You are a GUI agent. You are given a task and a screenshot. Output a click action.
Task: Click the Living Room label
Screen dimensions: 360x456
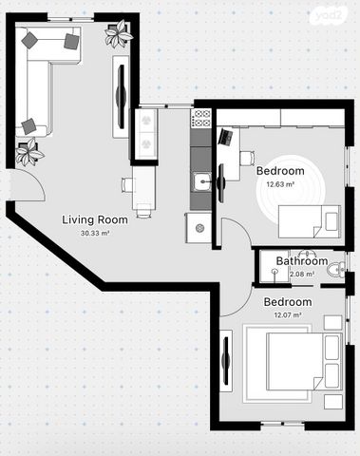pyautogui.click(x=95, y=219)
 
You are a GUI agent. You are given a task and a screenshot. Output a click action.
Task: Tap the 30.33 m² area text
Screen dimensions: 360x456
pyautogui.click(x=95, y=234)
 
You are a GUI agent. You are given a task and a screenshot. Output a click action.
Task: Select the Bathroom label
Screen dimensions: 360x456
pyautogui.click(x=302, y=261)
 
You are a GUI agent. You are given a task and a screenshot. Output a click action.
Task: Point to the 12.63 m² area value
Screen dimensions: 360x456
pyautogui.click(x=280, y=184)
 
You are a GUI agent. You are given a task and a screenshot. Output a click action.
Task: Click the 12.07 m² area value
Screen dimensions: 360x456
pyautogui.click(x=288, y=315)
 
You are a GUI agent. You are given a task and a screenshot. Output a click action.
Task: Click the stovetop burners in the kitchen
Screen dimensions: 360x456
pyautogui.click(x=200, y=118)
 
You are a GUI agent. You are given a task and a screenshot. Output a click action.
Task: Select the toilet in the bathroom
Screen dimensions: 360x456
pyautogui.click(x=336, y=270)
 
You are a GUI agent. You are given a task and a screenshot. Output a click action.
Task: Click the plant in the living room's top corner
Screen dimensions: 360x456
pyautogui.click(x=118, y=33)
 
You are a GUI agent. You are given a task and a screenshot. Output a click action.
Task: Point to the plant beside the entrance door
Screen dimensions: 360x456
pyautogui.click(x=29, y=152)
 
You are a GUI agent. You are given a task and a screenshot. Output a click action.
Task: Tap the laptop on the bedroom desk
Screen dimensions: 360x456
pyautogui.click(x=226, y=137)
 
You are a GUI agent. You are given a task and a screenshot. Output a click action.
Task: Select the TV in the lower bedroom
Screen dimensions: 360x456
pyautogui.click(x=226, y=361)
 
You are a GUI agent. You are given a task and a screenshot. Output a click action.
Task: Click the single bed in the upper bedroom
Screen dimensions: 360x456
pyautogui.click(x=310, y=221)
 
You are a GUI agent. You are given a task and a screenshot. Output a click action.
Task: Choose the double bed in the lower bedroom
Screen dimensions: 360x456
pyautogui.click(x=304, y=361)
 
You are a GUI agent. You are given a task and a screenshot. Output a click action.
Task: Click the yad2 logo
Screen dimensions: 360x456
pyautogui.click(x=329, y=16)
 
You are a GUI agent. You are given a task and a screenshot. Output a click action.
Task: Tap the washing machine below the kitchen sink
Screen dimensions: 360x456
pyautogui.click(x=199, y=228)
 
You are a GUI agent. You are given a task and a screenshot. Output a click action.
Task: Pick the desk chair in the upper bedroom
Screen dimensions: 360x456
pyautogui.click(x=247, y=158)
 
